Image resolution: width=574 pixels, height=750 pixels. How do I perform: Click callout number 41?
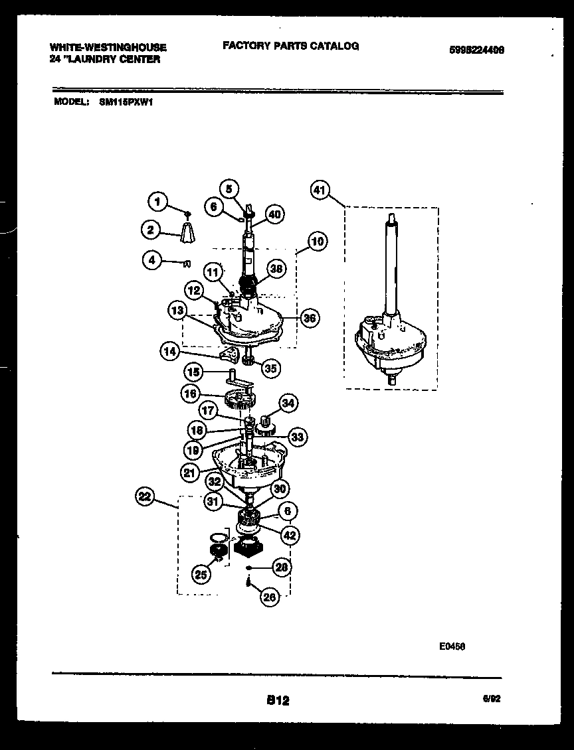[x=320, y=191]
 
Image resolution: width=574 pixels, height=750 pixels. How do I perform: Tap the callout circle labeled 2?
[x=151, y=231]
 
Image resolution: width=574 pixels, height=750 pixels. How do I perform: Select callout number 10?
[x=317, y=241]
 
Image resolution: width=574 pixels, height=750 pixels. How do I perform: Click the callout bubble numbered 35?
[x=270, y=368]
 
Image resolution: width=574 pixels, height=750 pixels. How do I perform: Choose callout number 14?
[x=169, y=351]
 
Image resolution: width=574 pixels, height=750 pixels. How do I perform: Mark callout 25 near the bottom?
[x=201, y=575]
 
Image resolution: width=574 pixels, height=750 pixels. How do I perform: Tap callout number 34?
[x=288, y=402]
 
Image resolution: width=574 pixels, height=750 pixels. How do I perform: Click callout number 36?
[x=308, y=318]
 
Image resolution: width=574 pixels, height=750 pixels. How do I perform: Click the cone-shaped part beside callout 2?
[x=189, y=232]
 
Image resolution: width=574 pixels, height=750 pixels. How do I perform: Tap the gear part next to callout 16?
[x=240, y=400]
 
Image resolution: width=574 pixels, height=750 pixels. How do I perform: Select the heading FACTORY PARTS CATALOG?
[x=290, y=46]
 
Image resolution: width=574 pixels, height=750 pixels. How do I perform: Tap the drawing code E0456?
[x=451, y=644]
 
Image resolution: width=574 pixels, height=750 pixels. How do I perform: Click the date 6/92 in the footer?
[x=491, y=699]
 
